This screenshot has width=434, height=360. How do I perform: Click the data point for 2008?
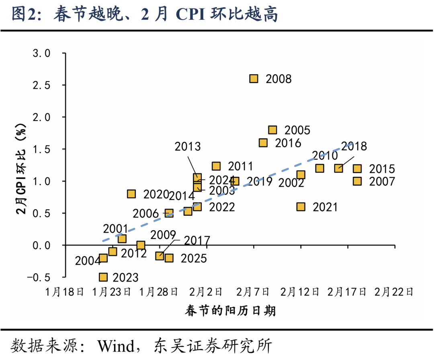coord(254,79)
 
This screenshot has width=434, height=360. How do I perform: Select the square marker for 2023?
coord(103,277)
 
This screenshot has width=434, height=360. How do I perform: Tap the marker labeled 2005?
coord(272,130)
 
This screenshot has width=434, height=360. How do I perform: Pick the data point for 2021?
coord(301,207)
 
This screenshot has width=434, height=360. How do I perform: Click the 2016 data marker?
coord(263,143)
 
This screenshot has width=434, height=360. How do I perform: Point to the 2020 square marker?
coord(131,194)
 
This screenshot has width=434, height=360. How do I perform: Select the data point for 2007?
coord(357,181)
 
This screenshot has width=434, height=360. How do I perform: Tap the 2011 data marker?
coord(216,166)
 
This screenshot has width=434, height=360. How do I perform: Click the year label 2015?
coord(382,169)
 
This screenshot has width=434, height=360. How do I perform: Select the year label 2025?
coord(194,258)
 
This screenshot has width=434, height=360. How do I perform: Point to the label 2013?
coord(188,146)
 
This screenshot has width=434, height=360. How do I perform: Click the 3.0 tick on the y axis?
coord(41,53)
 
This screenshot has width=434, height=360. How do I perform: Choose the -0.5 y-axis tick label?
coord(39,277)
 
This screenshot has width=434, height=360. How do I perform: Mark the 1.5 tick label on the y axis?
coord(41,149)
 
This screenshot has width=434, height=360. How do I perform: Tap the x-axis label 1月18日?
coord(65,292)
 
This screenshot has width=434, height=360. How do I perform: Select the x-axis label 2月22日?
coord(394,292)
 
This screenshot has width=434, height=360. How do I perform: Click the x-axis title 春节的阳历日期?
coord(231,311)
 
